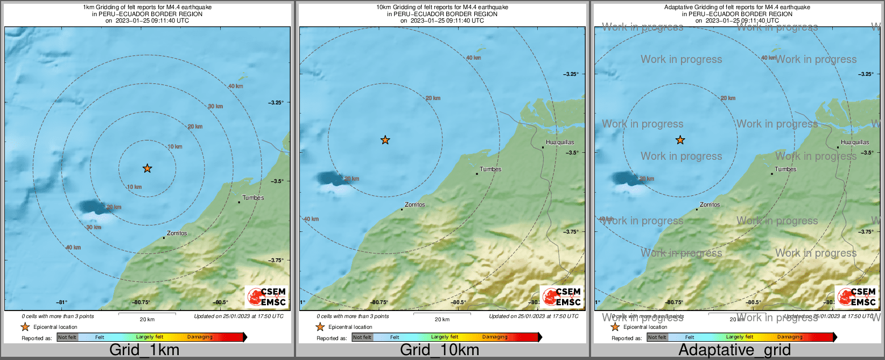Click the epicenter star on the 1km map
coord(147,168)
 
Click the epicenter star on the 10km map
coord(385,140)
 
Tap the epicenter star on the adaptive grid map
coord(680,140)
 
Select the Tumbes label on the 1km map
coord(253,197)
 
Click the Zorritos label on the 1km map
coord(177,233)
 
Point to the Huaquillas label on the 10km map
coord(560,142)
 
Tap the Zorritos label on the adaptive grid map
coord(710,204)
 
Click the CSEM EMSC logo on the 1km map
coord(267,297)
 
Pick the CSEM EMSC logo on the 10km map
coord(562,297)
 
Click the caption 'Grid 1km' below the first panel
coord(144,350)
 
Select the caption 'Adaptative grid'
coord(734,350)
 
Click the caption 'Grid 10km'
coord(439,350)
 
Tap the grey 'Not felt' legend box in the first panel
coord(67,337)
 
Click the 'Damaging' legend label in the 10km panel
coord(495,337)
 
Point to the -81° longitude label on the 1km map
coord(62,302)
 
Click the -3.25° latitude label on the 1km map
coord(276,102)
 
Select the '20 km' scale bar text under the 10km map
coord(442,319)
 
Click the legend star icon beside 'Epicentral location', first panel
coord(25,327)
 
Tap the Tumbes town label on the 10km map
coord(490,169)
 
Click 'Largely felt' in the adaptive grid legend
coord(740,337)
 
